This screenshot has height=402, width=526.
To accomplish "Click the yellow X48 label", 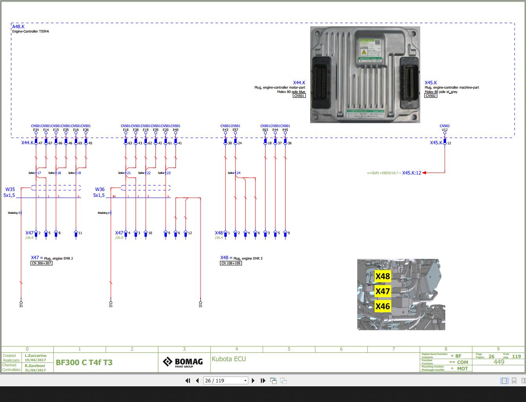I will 383,276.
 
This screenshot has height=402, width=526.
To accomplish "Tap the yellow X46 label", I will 383,306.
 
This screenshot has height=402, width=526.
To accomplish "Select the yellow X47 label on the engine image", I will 383,291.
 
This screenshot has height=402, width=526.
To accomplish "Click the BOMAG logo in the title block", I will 183,362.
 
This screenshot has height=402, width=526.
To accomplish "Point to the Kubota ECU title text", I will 229,359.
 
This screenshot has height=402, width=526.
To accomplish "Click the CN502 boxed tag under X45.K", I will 430,96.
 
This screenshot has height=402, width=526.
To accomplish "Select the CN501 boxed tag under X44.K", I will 299,96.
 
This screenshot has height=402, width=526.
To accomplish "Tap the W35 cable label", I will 10,189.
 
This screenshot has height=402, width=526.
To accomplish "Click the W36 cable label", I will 100,189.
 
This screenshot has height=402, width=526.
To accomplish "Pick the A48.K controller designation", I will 18,27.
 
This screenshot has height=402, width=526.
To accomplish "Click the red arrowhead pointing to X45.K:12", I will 425,173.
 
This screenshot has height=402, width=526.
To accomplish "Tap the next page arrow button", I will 253,380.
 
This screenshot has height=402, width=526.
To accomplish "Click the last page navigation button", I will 263,380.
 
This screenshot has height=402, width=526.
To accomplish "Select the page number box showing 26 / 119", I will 226,380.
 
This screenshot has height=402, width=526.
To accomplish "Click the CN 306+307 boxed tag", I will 42,263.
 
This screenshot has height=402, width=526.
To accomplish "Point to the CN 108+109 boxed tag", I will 231,263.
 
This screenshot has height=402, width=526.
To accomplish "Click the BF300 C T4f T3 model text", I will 84,362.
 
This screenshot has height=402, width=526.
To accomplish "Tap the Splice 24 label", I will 234,173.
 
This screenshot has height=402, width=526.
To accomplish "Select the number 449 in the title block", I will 499,362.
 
